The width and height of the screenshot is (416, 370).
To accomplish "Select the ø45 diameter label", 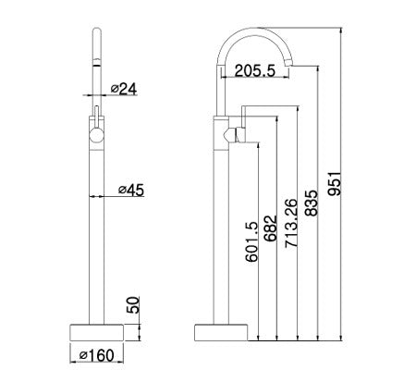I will point(131,191).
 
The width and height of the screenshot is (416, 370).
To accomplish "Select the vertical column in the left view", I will point(97,240).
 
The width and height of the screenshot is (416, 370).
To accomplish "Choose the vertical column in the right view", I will point(222,240).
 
